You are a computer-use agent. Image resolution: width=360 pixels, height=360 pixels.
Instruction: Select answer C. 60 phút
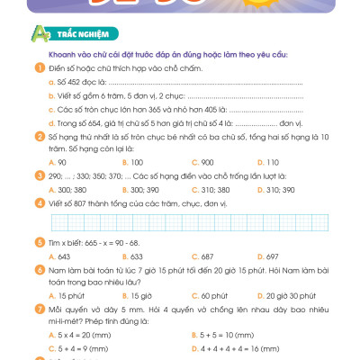(x=196, y=294)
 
